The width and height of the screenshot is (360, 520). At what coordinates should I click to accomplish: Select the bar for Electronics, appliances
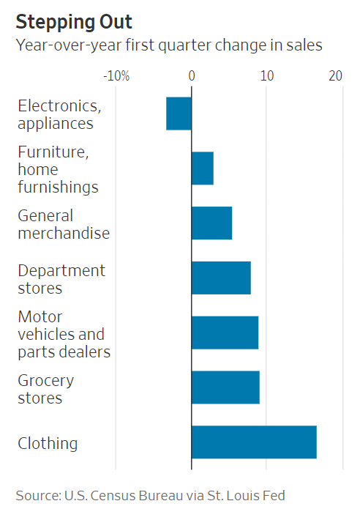[x=179, y=114]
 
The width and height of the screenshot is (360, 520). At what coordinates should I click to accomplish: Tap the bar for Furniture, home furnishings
[x=202, y=168]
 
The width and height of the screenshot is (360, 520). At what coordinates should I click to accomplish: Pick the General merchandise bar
[x=211, y=223]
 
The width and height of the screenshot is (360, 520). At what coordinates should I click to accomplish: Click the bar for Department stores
[x=221, y=278]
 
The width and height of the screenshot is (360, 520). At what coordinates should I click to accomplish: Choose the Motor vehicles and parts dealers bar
[x=225, y=333]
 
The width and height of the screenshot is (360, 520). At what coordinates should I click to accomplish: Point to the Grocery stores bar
[x=225, y=387]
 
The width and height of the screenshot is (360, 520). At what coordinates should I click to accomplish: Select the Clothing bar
[x=254, y=442]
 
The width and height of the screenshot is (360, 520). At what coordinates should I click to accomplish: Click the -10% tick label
[x=116, y=75]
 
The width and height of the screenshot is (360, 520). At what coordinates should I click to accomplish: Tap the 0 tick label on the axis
[x=192, y=75]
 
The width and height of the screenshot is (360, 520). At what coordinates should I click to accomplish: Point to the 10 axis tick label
[x=267, y=75]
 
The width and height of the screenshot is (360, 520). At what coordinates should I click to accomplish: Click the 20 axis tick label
[x=336, y=75]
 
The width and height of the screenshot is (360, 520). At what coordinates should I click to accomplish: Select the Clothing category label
[x=48, y=443]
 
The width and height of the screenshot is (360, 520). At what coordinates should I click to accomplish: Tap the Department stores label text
[x=61, y=279]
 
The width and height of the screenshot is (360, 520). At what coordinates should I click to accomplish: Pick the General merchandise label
[x=64, y=224]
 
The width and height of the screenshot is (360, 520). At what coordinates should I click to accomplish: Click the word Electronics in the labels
[x=59, y=105]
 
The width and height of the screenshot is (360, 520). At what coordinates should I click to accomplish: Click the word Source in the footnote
[x=36, y=496]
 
